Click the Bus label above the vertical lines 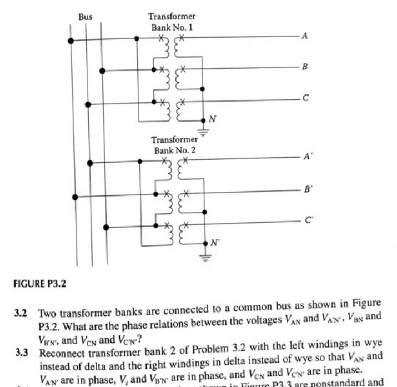(x=85, y=17)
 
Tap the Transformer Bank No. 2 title (x=174, y=145)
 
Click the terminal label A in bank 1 (x=304, y=37)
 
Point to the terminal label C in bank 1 (x=304, y=99)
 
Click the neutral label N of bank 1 (x=211, y=119)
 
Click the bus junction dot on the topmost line (x=69, y=40)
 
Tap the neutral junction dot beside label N (x=203, y=120)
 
